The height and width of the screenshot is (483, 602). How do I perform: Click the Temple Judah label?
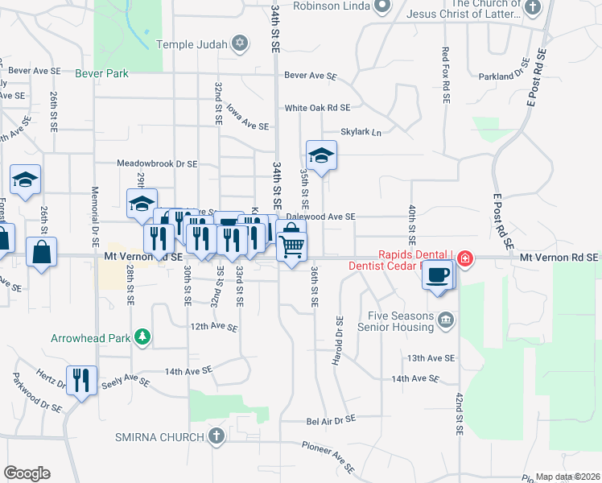tap(193, 43)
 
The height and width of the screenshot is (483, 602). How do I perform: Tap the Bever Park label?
tap(101, 73)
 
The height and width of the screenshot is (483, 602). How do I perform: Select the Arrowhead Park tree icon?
tap(142, 336)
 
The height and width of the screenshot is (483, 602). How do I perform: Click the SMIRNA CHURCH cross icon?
tap(215, 436)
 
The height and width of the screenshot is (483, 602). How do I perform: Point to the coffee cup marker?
tap(438, 275)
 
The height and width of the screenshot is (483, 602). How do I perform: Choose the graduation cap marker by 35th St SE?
tap(321, 155)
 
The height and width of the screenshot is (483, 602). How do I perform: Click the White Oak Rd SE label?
tap(317, 107)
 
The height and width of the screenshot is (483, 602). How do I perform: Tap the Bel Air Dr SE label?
tap(331, 420)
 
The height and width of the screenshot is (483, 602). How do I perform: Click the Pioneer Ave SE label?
tap(327, 456)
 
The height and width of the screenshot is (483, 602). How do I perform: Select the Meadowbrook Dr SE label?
tap(157, 163)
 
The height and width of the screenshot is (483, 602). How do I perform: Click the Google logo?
tap(27, 473)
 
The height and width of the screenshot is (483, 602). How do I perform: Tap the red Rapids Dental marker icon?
tap(465, 258)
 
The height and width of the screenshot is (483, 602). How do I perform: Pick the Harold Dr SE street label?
tap(338, 341)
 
